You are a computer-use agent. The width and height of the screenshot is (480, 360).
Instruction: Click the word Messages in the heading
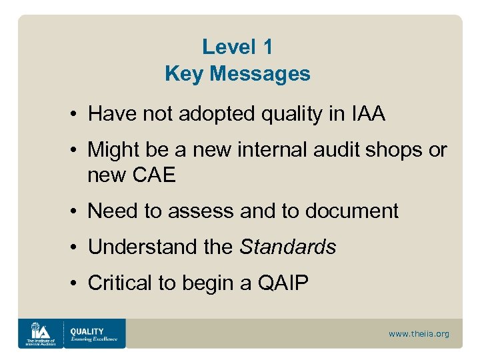(261, 74)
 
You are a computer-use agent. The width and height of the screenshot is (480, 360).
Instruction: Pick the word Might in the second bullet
(115, 151)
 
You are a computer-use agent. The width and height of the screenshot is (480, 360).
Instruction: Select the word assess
(194, 211)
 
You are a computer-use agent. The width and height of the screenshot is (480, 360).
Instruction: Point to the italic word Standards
(287, 247)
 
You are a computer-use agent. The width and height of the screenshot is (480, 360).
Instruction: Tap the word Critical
(121, 283)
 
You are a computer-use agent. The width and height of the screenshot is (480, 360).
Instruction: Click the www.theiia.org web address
(419, 334)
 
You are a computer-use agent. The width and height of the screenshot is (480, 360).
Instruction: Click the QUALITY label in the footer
(87, 331)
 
